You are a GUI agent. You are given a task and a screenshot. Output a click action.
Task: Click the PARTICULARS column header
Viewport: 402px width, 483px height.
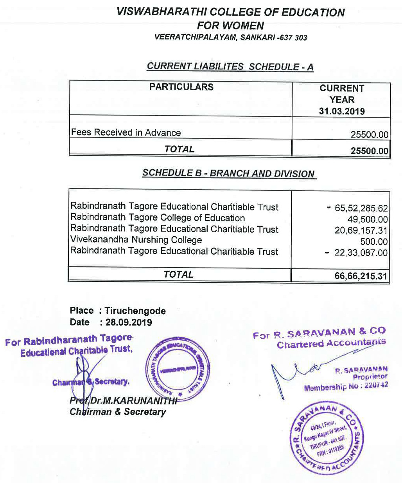181,87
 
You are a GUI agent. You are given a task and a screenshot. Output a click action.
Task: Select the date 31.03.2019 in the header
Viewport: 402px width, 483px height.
341,111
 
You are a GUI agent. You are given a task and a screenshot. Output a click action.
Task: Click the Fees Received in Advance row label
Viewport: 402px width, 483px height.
126,132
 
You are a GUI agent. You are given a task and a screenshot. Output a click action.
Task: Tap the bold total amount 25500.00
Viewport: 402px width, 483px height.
369,151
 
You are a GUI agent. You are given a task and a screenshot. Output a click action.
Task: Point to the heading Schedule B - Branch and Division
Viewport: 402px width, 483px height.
228,174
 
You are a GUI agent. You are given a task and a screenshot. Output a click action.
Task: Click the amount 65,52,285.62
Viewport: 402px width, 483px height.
361,208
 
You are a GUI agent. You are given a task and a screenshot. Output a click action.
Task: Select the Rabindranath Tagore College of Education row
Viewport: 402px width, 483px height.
158,218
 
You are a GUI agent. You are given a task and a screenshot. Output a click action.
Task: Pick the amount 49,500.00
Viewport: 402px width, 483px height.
368,219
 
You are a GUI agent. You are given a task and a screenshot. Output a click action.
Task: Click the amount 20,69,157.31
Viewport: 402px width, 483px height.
361,231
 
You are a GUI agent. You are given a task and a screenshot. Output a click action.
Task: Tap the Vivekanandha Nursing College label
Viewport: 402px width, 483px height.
136,240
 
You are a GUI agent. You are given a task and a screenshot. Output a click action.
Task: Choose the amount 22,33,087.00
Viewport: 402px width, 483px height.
361,253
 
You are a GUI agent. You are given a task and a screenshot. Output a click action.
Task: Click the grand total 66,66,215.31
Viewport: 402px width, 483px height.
361,276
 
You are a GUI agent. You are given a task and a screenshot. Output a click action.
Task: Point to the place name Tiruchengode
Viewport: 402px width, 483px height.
135,311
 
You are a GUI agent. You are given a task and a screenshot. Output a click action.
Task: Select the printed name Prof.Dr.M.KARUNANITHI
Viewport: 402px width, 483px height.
123,401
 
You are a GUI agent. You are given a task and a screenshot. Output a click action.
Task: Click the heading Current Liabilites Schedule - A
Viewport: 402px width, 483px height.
230,66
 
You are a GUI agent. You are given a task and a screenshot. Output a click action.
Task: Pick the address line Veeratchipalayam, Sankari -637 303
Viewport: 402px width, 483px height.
231,38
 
